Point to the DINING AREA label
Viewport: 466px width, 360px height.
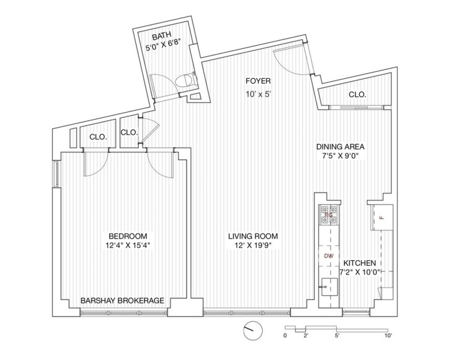coord(340,146)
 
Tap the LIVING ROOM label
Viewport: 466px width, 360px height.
coord(253,236)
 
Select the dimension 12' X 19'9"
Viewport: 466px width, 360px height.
coord(253,246)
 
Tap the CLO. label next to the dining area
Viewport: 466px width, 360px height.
coord(357,95)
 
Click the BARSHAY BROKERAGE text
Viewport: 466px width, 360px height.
coord(122,300)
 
